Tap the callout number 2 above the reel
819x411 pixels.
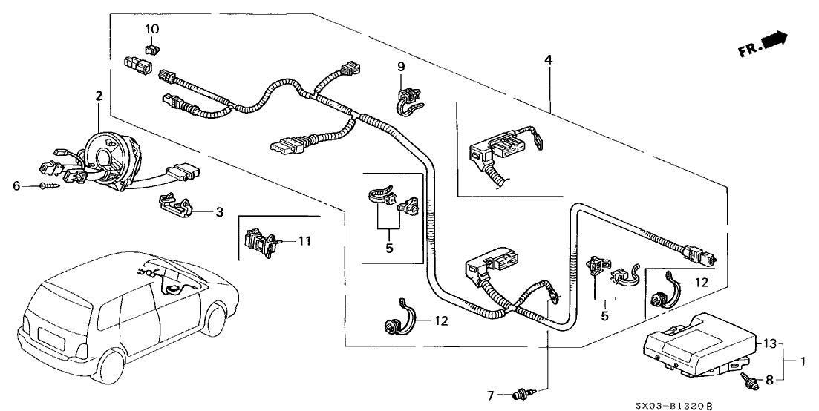pyautogui.click(x=98, y=96)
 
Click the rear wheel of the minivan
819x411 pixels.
pyautogui.click(x=111, y=372)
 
